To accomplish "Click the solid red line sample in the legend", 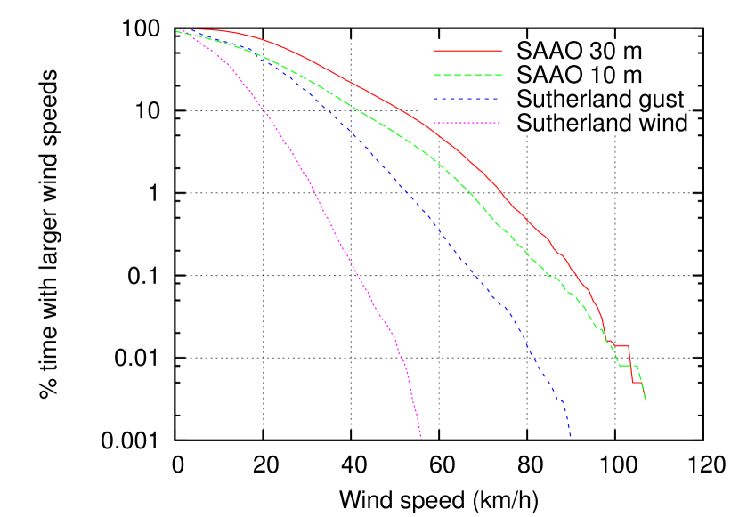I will pos(467,52).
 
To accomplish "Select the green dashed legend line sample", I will pos(467,76).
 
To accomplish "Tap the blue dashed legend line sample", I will pos(466,99).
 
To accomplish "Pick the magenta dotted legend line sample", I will pos(467,123).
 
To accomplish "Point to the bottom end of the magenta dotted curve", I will pos(420,438).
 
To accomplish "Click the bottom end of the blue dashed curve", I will pos(570,437).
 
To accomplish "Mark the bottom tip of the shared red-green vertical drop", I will pos(646,438).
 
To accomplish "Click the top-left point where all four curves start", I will pos(176,31).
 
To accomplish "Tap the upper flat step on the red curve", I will pos(621,345).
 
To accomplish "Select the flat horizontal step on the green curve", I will pos(627,365).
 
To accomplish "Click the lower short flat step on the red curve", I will pos(637,383).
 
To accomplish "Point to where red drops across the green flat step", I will pos(631,365).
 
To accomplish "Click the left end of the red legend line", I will pos(434,52).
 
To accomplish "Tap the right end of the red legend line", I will pos(501,52).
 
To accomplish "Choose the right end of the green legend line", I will pos(501,76).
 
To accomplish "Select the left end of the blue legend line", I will pos(434,99).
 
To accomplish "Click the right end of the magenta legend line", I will pos(500,123).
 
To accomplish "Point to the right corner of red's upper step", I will pos(629,345).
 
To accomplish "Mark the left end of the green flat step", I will pos(619,365).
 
